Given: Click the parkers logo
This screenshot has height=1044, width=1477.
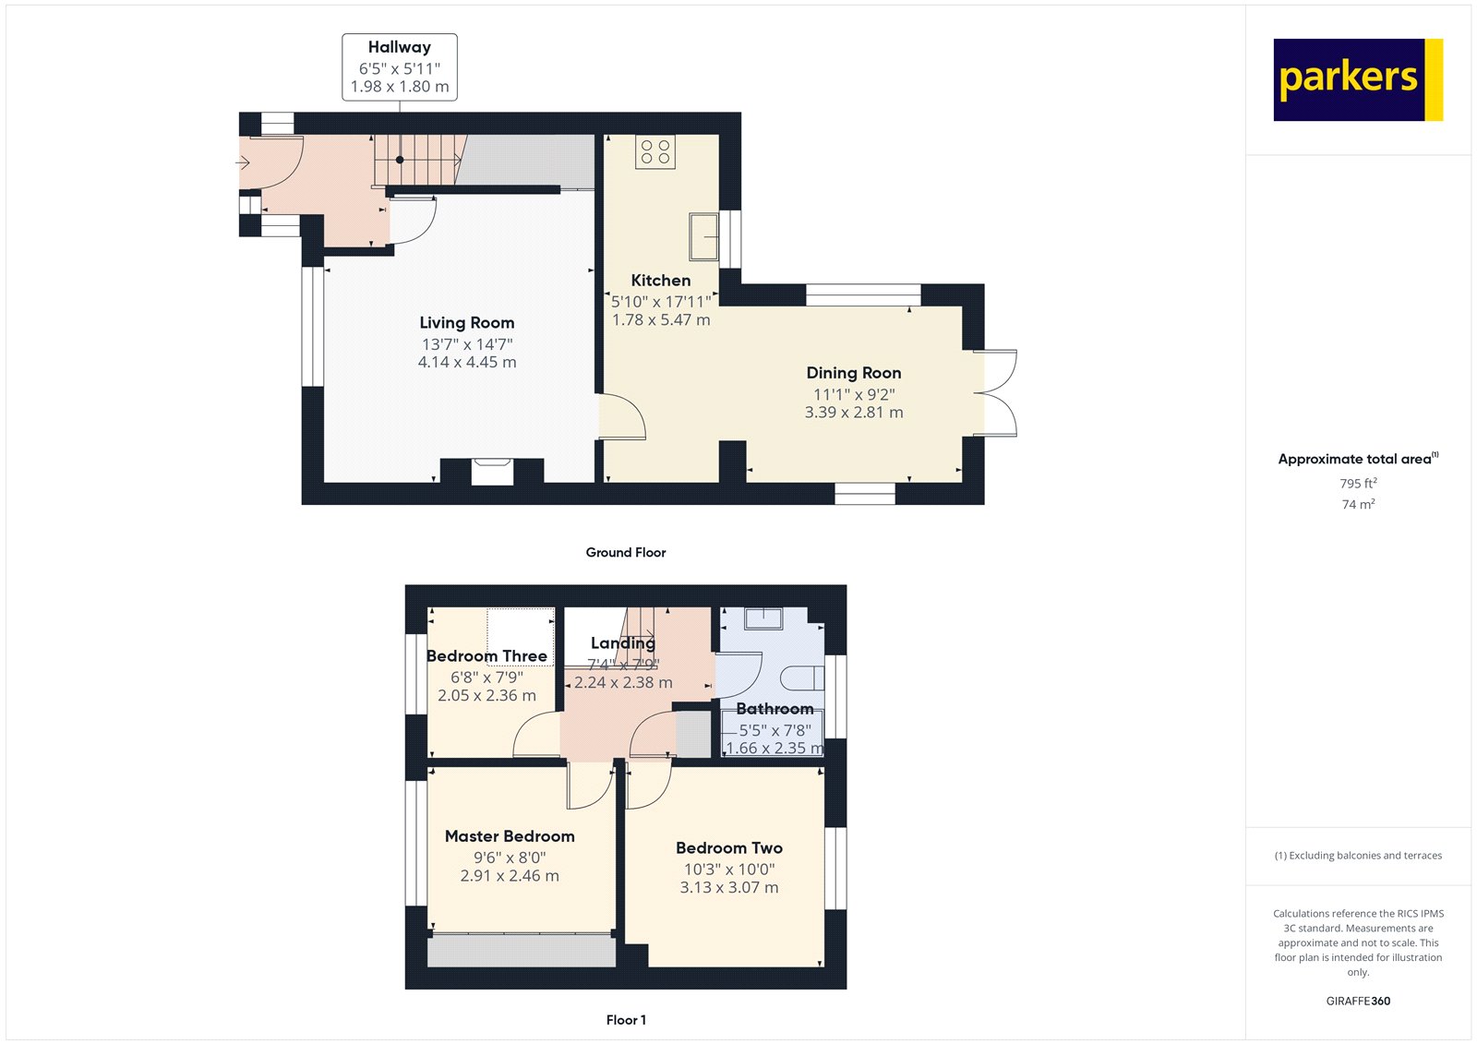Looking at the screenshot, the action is point(1358,79).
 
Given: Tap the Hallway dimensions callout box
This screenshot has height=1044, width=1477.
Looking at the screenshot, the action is point(400,67).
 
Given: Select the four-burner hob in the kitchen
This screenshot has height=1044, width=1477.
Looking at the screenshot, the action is point(655,151).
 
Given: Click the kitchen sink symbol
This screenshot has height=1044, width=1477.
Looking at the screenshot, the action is point(704,236).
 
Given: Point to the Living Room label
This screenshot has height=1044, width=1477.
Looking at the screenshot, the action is point(467,323).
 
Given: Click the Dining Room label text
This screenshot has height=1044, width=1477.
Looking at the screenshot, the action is point(854,373).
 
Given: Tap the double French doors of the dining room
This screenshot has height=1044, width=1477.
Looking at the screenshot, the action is point(996,393).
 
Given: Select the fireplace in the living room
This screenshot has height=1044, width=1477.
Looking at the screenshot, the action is point(492,472).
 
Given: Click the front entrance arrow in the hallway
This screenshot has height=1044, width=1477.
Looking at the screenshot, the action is point(243,162).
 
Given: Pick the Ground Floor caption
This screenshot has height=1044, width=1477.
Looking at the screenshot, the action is point(626,553).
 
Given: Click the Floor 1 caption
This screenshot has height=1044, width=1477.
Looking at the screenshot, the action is point(626,1020).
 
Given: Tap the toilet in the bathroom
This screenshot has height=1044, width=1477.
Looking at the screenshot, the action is point(802,678).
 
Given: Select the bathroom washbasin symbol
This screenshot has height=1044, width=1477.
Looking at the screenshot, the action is point(763,618).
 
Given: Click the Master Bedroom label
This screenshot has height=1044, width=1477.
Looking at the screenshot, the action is point(510,836).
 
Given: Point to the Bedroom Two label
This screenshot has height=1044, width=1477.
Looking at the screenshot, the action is point(729,848).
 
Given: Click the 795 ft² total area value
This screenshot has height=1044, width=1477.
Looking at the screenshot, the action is point(1358,483).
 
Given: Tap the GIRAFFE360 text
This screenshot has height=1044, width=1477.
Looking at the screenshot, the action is point(1358,1002).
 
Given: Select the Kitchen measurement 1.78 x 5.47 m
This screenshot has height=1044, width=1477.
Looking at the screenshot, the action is point(661,320).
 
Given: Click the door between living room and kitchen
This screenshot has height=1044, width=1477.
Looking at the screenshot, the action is point(622,417).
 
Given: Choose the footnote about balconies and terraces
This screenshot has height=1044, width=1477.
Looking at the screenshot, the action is point(1358,856).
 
